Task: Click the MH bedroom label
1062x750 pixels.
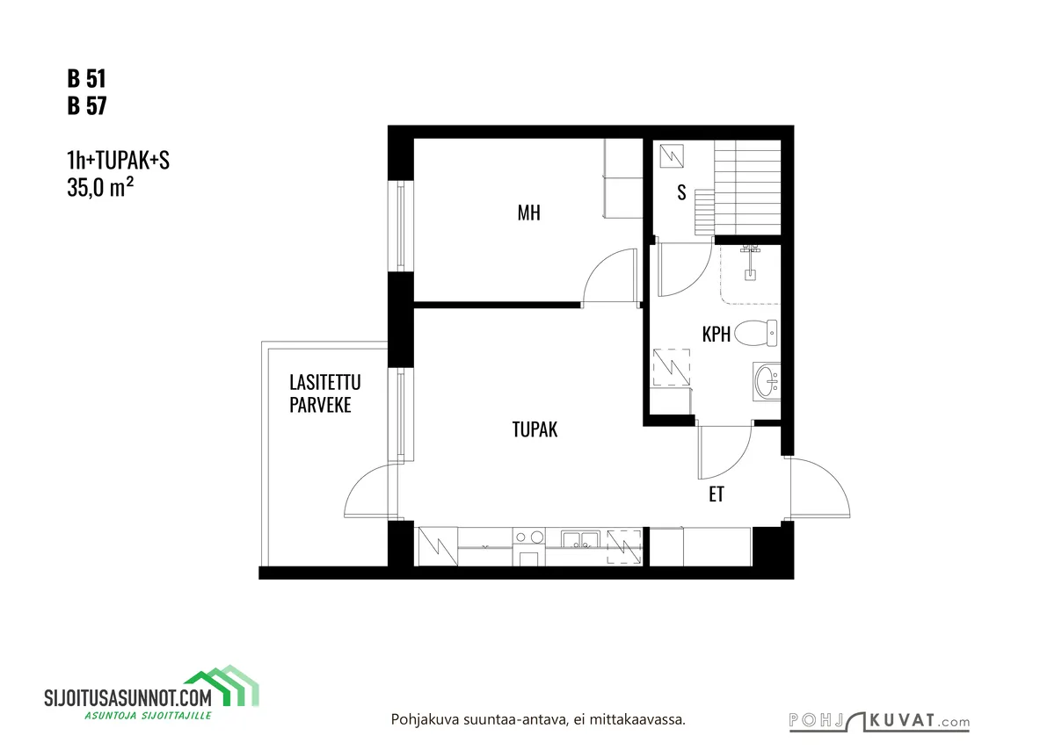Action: (528, 213)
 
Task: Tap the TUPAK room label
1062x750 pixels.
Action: (535, 429)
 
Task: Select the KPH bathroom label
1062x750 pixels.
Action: (716, 335)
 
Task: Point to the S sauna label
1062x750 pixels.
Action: (681, 192)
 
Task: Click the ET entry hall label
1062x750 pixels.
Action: (716, 494)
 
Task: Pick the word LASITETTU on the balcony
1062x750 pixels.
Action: (325, 383)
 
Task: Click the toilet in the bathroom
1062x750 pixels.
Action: (756, 333)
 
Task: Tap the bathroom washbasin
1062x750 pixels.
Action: (767, 382)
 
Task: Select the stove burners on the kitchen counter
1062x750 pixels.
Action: (529, 537)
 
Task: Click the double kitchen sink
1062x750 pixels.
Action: (580, 539)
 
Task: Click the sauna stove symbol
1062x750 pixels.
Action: (672, 156)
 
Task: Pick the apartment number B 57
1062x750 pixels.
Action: (87, 105)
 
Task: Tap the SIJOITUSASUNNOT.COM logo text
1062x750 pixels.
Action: (127, 698)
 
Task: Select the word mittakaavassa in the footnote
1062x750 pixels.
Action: (637, 720)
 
